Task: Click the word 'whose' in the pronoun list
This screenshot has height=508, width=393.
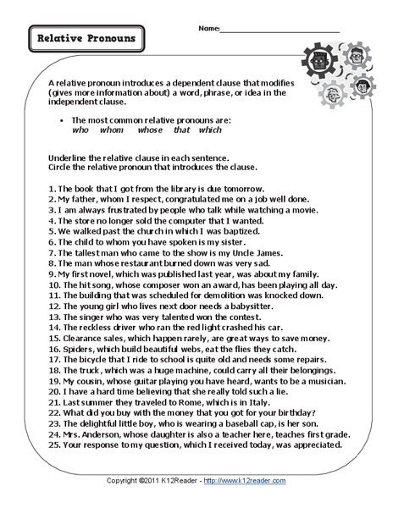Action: tap(157, 132)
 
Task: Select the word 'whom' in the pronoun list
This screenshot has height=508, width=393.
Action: tap(115, 132)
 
